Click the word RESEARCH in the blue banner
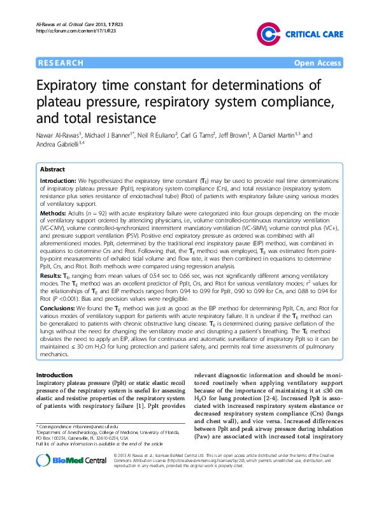(61, 63)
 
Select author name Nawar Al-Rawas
(58, 135)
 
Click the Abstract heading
(52, 170)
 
